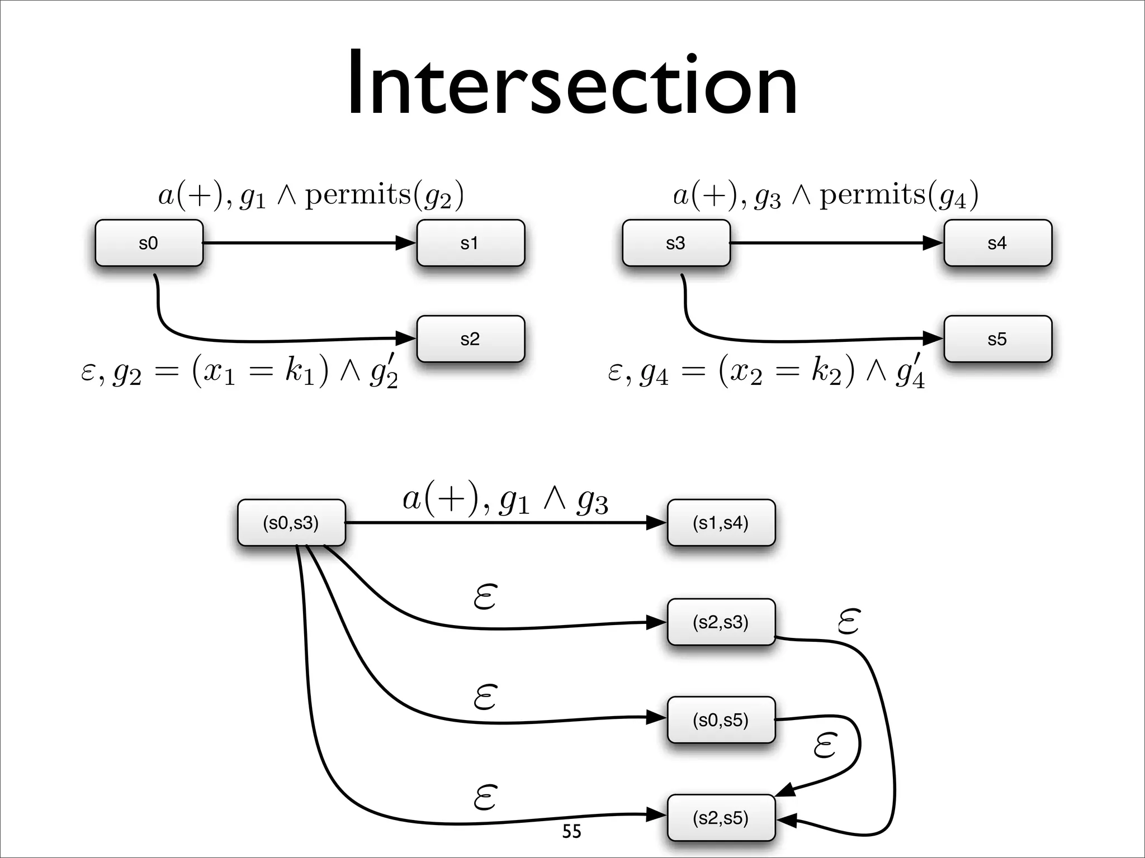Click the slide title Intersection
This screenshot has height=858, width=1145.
point(572,84)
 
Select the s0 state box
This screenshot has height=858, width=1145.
point(149,243)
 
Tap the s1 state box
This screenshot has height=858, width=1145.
point(470,243)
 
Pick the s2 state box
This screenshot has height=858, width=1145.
point(470,339)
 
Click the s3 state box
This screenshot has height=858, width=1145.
point(676,243)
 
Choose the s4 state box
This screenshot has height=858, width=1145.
point(997,243)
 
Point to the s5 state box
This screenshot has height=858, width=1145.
point(997,339)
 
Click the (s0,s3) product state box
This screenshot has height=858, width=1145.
point(291,523)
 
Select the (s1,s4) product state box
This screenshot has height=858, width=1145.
point(721,523)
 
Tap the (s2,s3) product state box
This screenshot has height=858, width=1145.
point(721,622)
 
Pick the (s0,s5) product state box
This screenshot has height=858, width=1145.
point(721,720)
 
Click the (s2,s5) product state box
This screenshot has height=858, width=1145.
point(721,818)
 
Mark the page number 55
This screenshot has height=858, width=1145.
point(571,832)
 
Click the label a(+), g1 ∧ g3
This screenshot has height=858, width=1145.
point(505,500)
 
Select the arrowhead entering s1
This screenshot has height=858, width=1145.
point(406,243)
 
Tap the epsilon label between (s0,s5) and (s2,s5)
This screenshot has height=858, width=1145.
point(825,746)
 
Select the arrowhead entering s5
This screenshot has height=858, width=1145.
point(933,338)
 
